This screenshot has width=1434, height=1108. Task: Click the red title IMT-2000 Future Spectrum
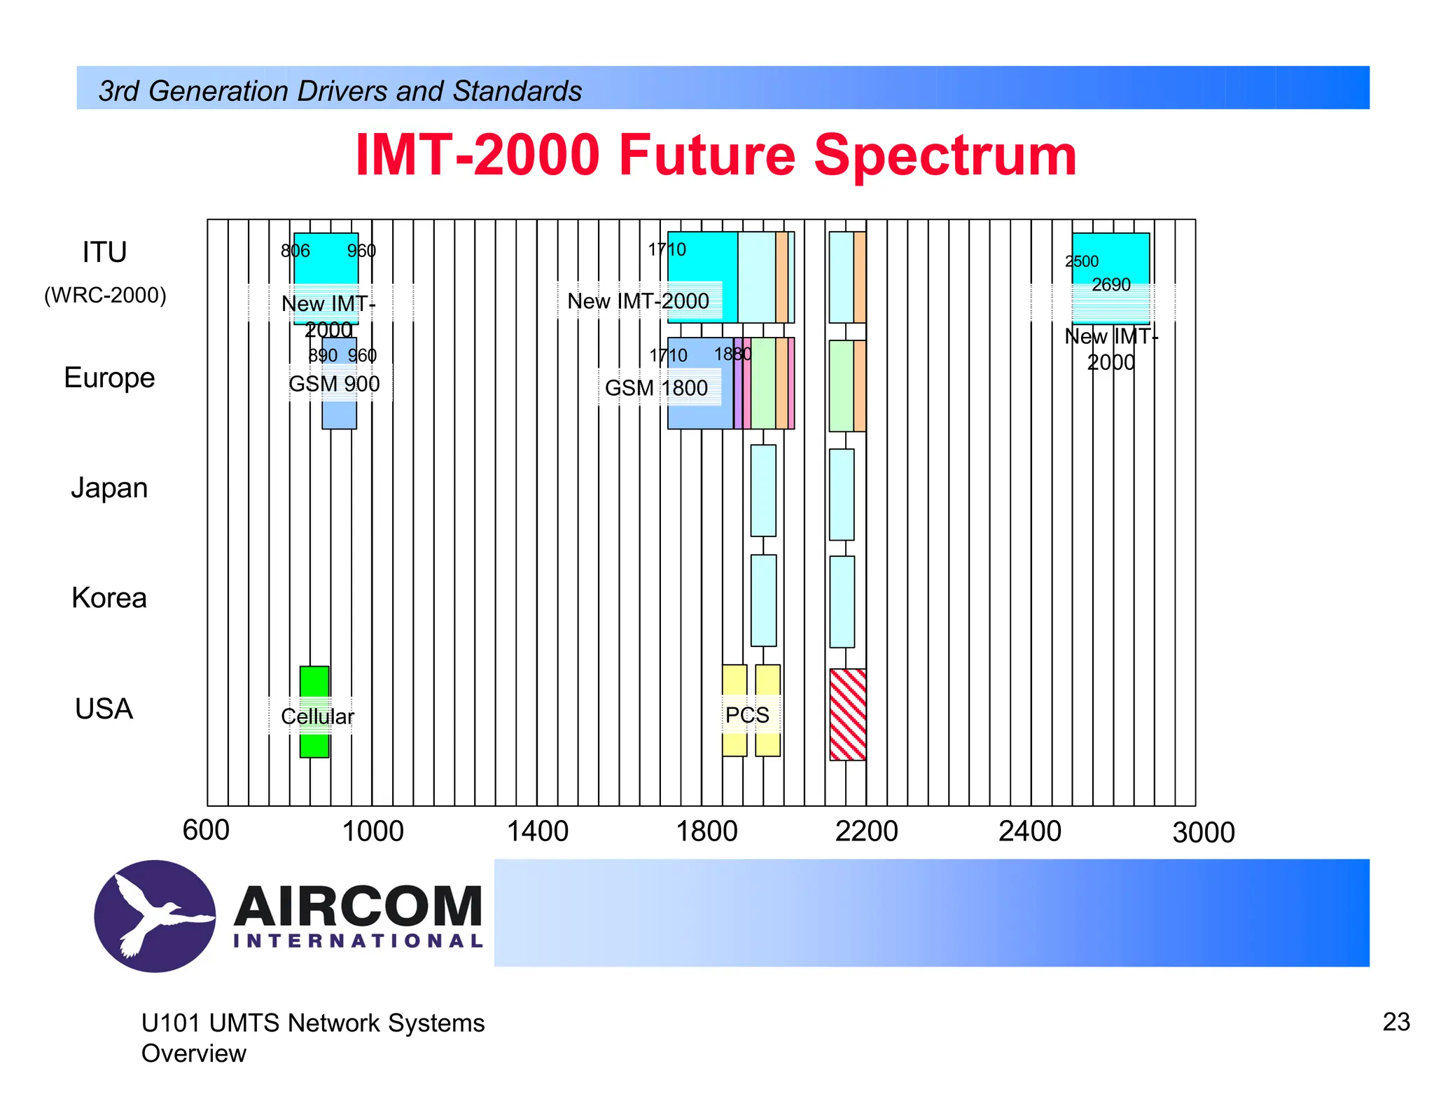tap(716, 155)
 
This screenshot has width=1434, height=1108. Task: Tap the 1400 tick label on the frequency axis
tap(537, 831)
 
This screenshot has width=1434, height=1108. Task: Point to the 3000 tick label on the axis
tap(1203, 833)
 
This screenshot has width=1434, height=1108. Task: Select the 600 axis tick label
tap(206, 831)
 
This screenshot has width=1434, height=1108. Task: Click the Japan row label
tap(109, 488)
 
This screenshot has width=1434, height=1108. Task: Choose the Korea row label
tap(109, 598)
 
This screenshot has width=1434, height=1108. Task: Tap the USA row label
tap(104, 709)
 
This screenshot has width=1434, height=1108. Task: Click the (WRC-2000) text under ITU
tap(105, 295)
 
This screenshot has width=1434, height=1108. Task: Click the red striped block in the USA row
tap(847, 714)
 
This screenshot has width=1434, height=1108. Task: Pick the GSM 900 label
tap(334, 384)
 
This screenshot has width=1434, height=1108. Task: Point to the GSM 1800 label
tap(656, 388)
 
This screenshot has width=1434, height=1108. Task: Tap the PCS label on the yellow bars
tap(747, 715)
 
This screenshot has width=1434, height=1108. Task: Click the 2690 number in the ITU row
tap(1111, 285)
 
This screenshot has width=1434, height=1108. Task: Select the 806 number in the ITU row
tap(295, 251)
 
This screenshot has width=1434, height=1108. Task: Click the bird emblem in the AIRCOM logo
tap(155, 915)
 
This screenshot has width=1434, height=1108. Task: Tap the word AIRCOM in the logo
tap(358, 906)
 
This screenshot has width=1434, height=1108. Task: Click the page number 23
tap(1395, 1022)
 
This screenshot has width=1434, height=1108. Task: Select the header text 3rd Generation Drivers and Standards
tap(340, 91)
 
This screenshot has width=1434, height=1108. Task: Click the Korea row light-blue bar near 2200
tap(842, 602)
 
